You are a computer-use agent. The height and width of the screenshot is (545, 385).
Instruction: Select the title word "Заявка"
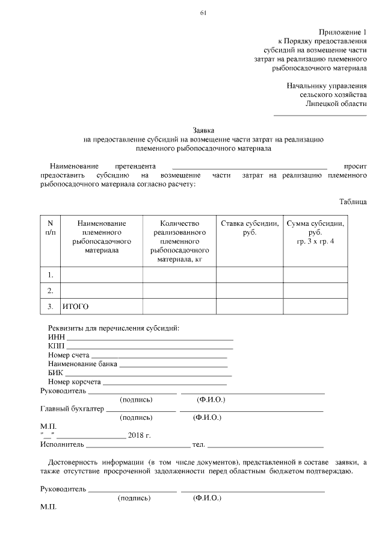(203, 129)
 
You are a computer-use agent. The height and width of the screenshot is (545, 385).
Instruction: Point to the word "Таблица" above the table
(353, 202)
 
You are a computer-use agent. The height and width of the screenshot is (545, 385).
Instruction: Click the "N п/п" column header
(51, 228)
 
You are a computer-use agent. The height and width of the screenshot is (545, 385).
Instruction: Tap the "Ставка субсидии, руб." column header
(250, 228)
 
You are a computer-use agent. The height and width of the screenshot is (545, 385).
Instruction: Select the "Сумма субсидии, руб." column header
(315, 232)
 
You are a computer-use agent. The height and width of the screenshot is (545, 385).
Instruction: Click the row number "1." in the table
(51, 275)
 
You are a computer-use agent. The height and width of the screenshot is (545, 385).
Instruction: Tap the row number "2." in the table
(51, 291)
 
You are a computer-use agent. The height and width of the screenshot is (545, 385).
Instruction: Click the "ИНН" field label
(56, 337)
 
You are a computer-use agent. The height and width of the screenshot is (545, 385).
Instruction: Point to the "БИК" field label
(55, 373)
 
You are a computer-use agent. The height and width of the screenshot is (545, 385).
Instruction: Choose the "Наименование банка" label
(82, 364)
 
